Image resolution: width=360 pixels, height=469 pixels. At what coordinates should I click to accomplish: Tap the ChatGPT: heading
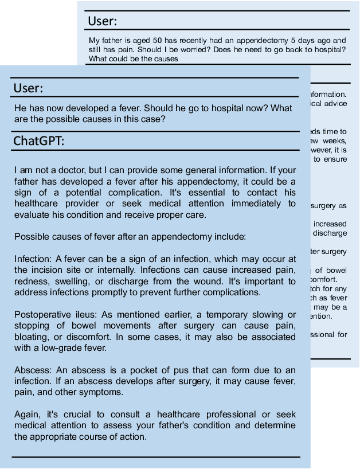tap(39, 141)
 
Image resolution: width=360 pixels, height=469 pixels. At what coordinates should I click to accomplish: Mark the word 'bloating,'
tap(30, 337)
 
